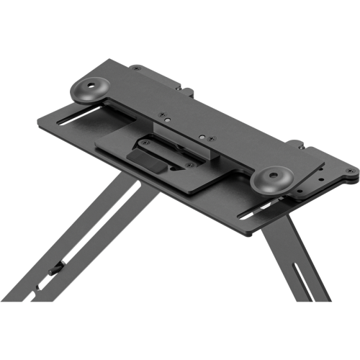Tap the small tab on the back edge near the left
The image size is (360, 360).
pos(189,91)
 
